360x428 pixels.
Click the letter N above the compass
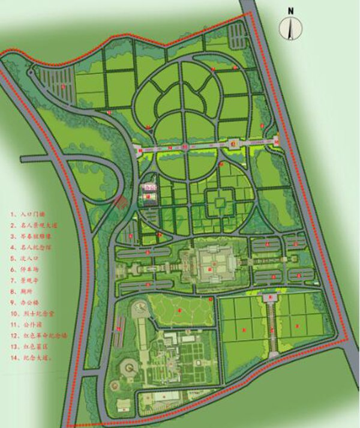click(290, 10)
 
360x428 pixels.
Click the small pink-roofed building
click(148, 188)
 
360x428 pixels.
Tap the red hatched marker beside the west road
click(121, 203)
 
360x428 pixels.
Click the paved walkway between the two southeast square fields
click(271, 324)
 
